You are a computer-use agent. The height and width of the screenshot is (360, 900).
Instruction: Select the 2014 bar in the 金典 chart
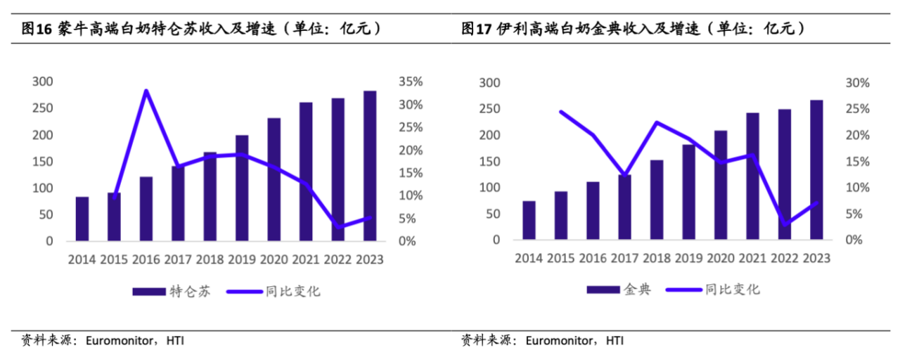click(529, 221)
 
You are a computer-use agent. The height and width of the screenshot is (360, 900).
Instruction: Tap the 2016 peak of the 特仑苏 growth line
click(146, 91)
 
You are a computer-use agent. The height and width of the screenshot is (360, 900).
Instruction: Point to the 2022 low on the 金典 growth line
click(785, 224)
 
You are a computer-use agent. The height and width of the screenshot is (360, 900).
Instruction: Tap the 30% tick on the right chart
click(856, 83)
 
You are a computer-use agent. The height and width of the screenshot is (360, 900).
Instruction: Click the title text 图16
click(33, 29)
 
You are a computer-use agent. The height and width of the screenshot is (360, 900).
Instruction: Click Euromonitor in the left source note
click(119, 341)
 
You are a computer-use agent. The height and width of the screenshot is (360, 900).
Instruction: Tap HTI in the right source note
click(614, 341)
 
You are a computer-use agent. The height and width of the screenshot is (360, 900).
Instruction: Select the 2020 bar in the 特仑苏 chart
click(274, 179)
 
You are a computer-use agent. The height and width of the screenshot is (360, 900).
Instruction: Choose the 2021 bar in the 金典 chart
click(752, 176)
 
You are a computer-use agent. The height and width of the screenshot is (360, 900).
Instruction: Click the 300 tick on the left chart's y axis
click(44, 82)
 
